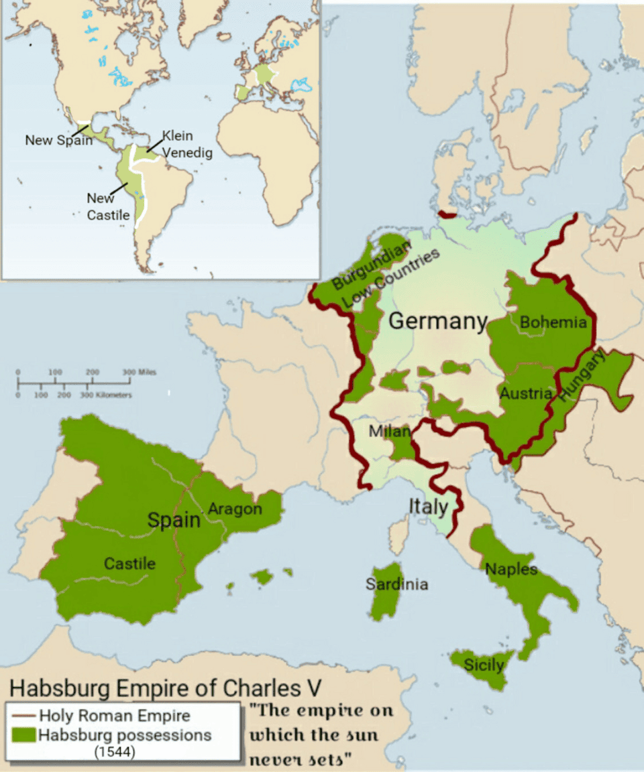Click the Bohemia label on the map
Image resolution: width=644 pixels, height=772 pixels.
553,322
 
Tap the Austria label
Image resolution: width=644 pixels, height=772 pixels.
526,393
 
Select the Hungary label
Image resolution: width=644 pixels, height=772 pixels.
582,377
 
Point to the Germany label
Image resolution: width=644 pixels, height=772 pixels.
437,321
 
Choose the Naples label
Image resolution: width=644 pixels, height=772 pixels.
511,569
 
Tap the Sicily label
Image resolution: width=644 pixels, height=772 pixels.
484,664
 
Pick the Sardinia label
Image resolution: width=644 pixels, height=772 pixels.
396,584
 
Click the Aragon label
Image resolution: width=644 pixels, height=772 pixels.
235,509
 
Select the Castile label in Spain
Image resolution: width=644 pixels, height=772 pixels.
129,564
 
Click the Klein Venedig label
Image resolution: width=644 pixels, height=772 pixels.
186,145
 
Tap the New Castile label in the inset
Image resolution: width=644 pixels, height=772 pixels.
108,206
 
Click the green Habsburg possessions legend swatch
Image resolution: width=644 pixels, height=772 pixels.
23,735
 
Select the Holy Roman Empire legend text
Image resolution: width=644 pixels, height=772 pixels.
115,716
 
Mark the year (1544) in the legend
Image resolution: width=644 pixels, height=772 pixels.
115,752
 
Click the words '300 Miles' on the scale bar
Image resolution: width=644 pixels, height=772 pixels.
140,371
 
